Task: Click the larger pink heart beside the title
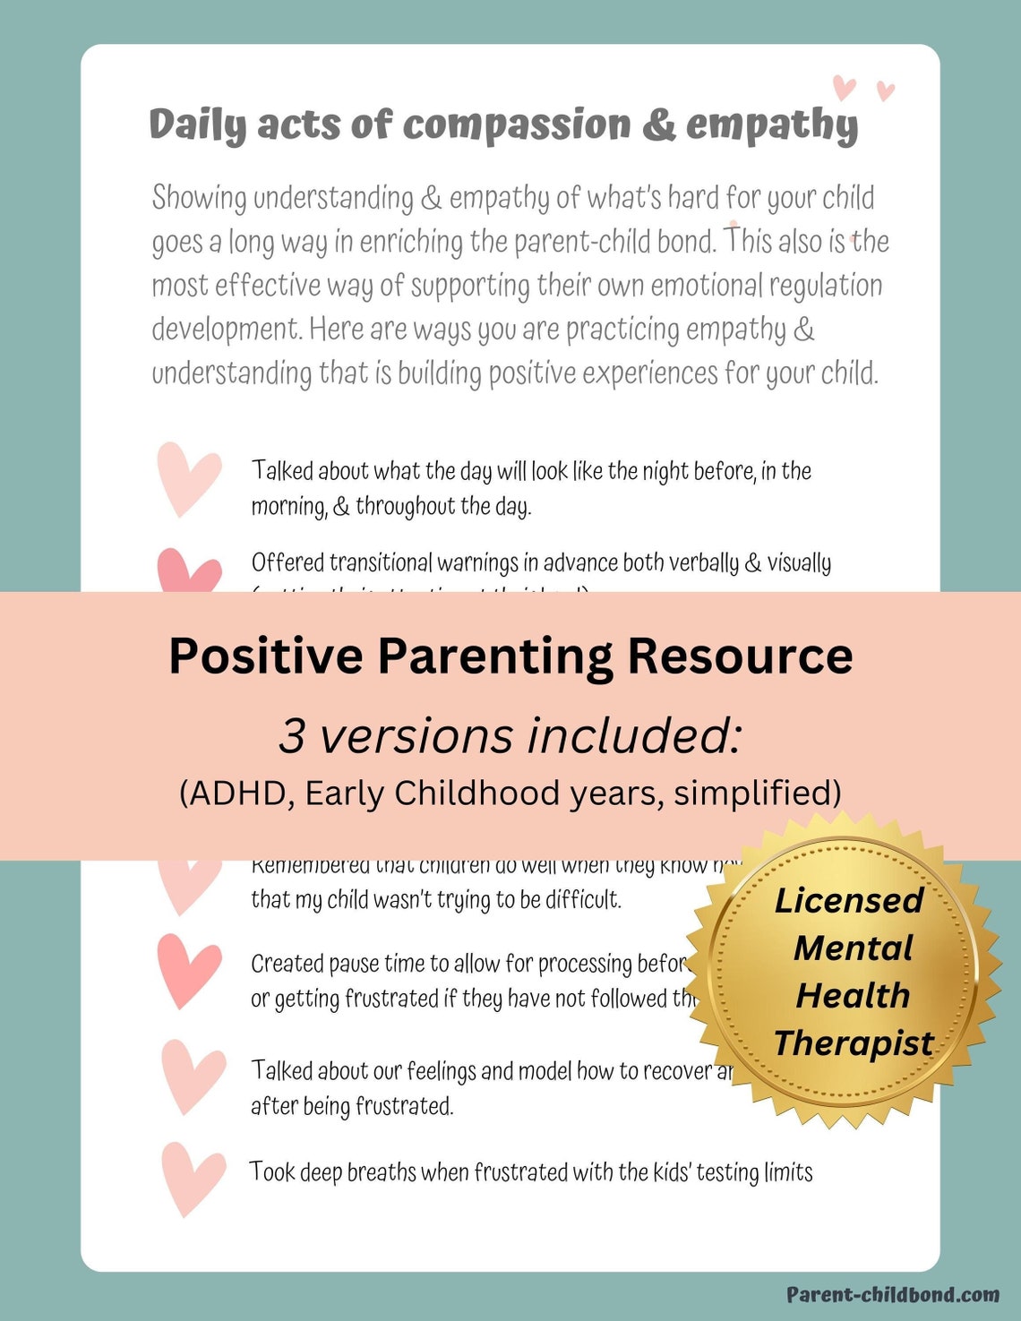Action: click(844, 88)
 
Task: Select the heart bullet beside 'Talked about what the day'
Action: click(188, 478)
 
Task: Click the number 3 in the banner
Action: click(292, 736)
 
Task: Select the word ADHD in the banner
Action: click(237, 793)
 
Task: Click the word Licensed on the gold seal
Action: click(849, 901)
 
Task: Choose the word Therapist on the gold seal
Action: click(854, 1043)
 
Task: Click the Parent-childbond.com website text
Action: click(893, 1294)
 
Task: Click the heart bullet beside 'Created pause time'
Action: click(188, 970)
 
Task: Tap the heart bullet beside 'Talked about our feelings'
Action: click(193, 1075)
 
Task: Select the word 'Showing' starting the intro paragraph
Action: click(199, 198)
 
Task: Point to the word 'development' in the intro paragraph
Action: click(226, 330)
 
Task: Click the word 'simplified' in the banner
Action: click(757, 793)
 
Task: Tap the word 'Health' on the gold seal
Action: click(853, 996)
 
